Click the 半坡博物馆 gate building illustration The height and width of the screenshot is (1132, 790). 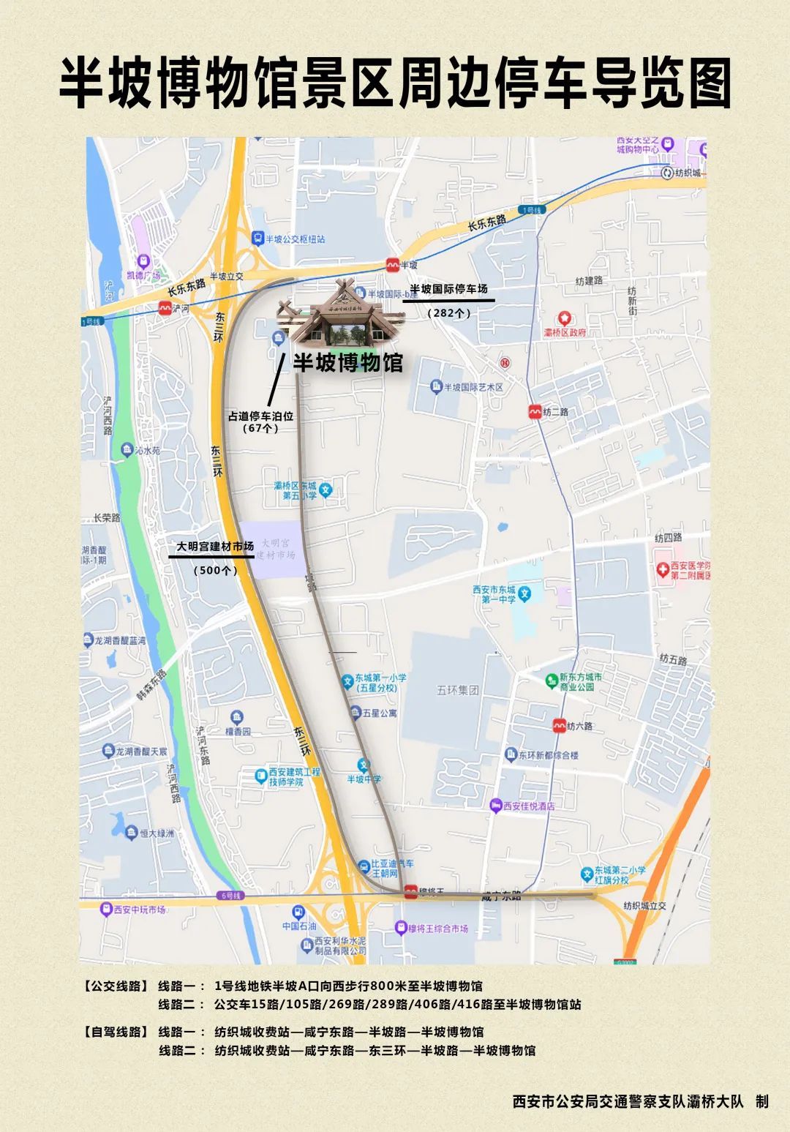[341, 315]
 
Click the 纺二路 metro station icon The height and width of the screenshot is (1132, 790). [535, 412]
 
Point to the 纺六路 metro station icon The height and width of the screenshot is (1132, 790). [559, 726]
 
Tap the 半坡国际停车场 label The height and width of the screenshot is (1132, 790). [448, 289]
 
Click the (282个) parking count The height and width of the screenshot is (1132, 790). [448, 312]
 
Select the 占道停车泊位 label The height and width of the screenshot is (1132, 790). [260, 416]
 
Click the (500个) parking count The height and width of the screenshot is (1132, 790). [215, 570]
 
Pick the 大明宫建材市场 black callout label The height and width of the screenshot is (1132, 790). [215, 546]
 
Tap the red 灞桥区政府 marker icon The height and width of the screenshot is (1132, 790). [564, 319]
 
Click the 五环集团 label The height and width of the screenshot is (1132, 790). [458, 690]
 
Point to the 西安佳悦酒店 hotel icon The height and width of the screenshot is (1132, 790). [496, 806]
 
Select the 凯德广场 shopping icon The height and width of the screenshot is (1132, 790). [143, 260]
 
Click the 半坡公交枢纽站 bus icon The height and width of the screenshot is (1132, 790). [257, 239]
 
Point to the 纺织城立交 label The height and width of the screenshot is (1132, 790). [644, 906]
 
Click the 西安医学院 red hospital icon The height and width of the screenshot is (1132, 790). [663, 568]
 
